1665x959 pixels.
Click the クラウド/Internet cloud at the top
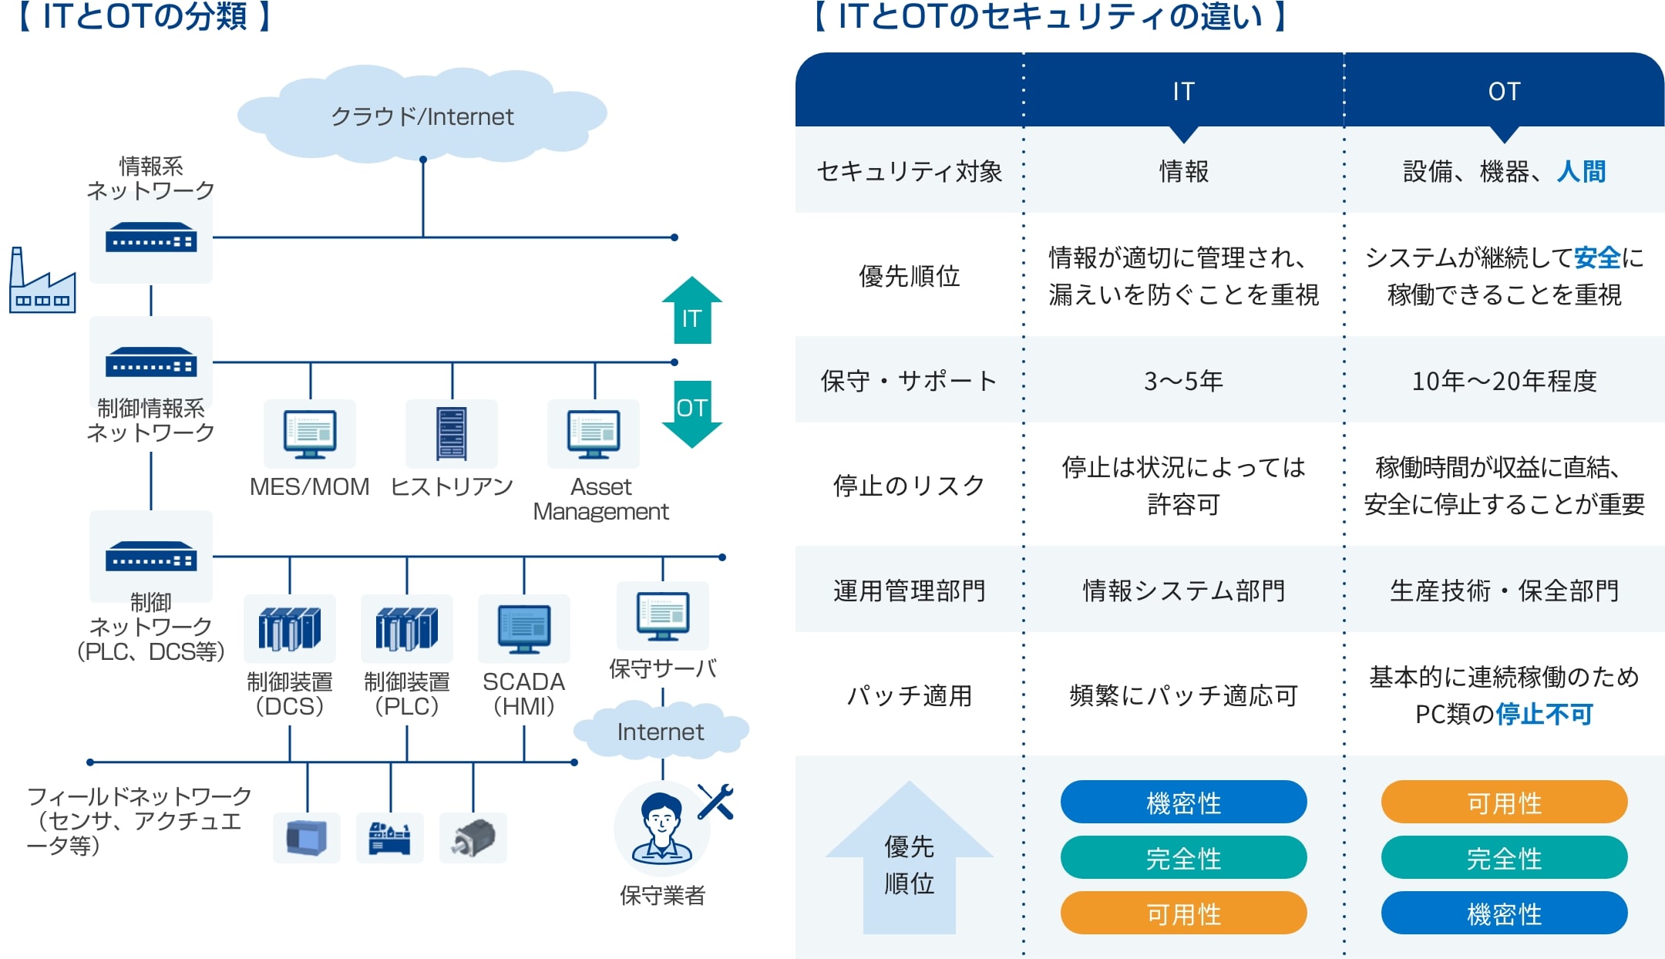[422, 116]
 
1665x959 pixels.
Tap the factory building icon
[42, 282]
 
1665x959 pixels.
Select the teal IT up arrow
[692, 311]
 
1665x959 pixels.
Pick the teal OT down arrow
[692, 414]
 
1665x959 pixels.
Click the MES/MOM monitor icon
[310, 434]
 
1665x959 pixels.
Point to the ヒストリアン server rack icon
[452, 433]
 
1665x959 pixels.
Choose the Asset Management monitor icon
[594, 434]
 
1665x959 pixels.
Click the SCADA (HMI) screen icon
[524, 628]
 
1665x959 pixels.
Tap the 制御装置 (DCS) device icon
[290, 628]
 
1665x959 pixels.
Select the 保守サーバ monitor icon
[663, 616]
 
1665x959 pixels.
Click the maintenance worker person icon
[661, 829]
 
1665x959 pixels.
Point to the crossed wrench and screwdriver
[715, 802]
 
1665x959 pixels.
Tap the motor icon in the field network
[473, 838]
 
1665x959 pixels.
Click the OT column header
[1504, 91]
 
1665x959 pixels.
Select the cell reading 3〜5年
[1183, 381]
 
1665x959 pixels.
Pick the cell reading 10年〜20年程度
[1504, 381]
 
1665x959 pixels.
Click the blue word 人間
[1581, 171]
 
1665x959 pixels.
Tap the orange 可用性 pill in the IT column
[1183, 914]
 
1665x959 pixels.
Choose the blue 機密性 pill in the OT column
[1504, 914]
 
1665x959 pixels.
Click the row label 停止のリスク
[910, 486]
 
